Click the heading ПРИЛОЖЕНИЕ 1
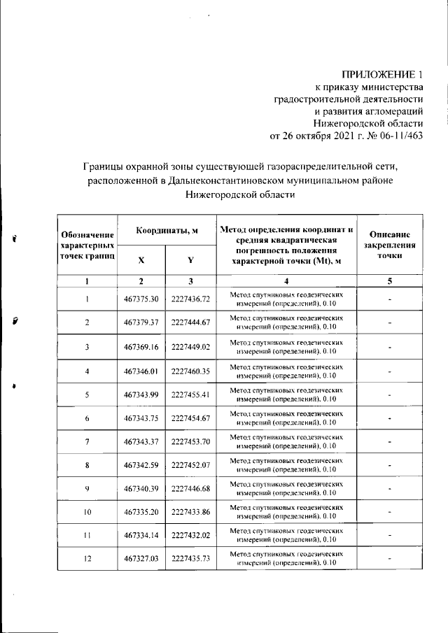click(x=382, y=74)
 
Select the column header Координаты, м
click(x=165, y=230)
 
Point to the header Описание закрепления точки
click(x=393, y=246)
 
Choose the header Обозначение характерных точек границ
click(x=87, y=247)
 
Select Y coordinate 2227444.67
click(x=190, y=322)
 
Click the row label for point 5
click(x=87, y=395)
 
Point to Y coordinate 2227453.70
click(x=190, y=442)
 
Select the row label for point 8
click(x=87, y=465)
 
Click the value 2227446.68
click(x=190, y=488)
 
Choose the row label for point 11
click(x=87, y=536)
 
